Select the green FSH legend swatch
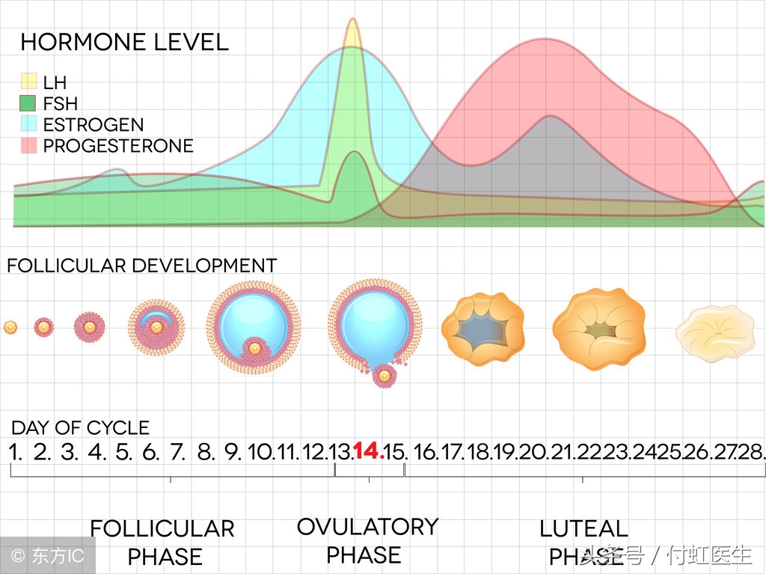28,103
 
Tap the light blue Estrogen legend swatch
28,124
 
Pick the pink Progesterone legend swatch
28,145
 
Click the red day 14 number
368,451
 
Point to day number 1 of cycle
16,452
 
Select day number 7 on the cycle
177,452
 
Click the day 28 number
751,452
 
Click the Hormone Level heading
124,42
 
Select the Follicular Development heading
141,266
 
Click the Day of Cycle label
80,428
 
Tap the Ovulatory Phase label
367,540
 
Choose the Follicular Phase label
162,543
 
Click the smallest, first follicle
10,327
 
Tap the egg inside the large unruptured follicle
254,348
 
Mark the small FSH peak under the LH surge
355,155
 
